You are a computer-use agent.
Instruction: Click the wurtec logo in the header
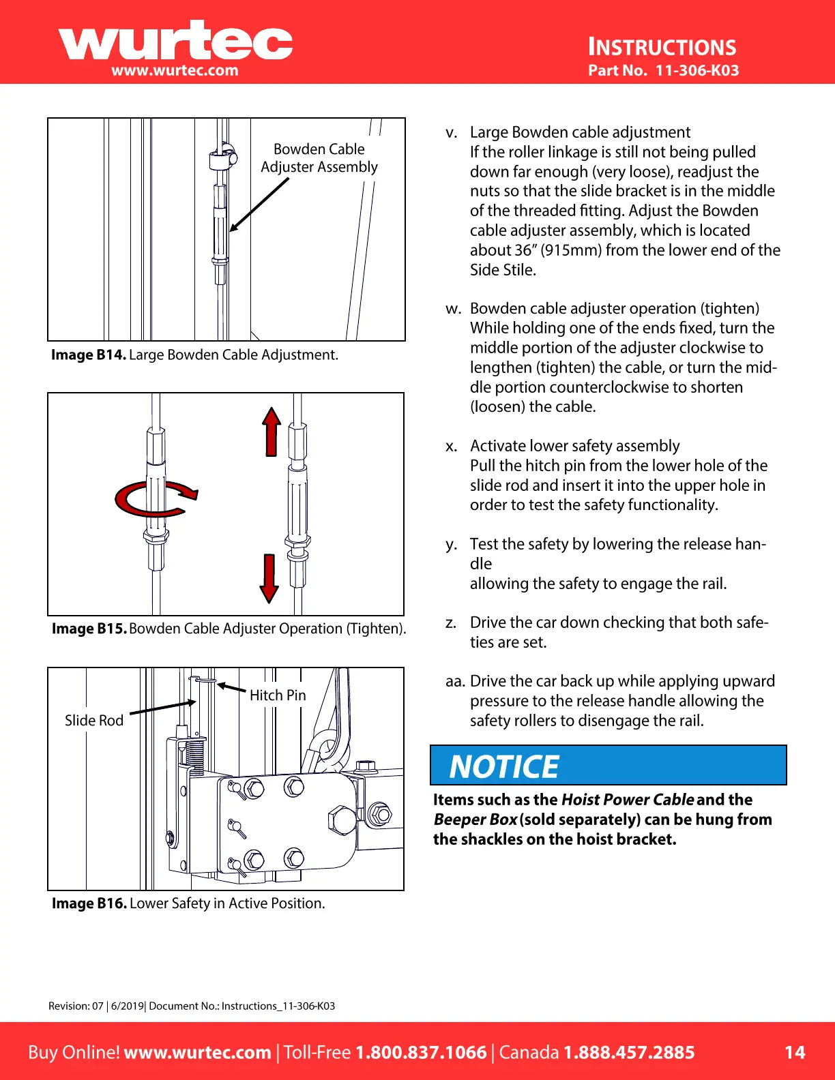[175, 42]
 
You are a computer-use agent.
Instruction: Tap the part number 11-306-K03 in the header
[697, 70]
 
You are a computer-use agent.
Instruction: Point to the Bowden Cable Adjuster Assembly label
[319, 158]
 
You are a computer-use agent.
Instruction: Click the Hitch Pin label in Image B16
[278, 695]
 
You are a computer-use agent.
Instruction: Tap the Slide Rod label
[94, 721]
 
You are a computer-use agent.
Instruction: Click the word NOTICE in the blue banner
[504, 767]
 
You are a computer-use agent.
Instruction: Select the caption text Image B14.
[89, 355]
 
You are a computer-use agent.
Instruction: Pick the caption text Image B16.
[89, 903]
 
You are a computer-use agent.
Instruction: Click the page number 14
[795, 1052]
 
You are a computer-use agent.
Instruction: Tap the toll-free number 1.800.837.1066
[421, 1052]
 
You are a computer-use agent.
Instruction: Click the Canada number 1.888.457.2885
[628, 1052]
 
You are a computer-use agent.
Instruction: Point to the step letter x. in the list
[451, 447]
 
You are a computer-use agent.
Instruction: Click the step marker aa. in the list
[455, 682]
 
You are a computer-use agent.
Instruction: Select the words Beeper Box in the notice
[475, 820]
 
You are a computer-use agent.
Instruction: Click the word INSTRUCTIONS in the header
[662, 47]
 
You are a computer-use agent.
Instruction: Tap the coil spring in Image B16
[194, 757]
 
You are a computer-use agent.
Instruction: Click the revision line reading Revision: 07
[76, 1006]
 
